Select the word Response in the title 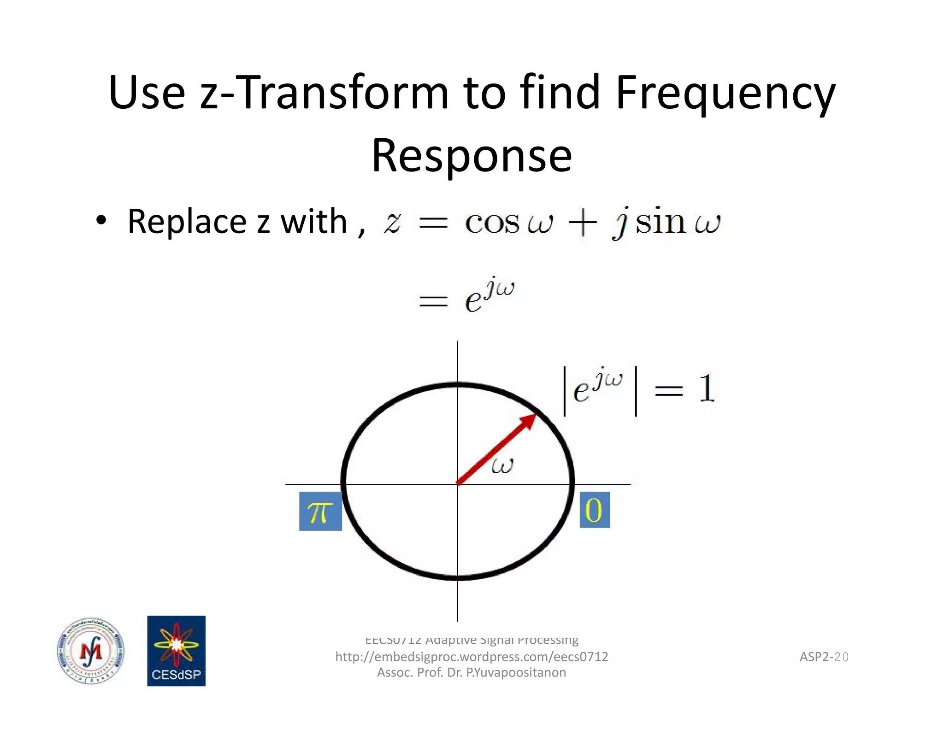(472, 156)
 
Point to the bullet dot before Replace (101, 220)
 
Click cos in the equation (492, 223)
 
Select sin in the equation (661, 222)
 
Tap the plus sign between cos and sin (583, 223)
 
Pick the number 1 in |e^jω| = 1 (706, 389)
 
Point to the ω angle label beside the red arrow (502, 466)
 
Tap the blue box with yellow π (320, 511)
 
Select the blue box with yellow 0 (594, 510)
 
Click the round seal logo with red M (91, 651)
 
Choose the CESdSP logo (176, 651)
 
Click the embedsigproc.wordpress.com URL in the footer (472, 657)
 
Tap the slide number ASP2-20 (824, 657)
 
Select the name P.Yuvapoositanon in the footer (516, 672)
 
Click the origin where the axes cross (457, 484)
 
